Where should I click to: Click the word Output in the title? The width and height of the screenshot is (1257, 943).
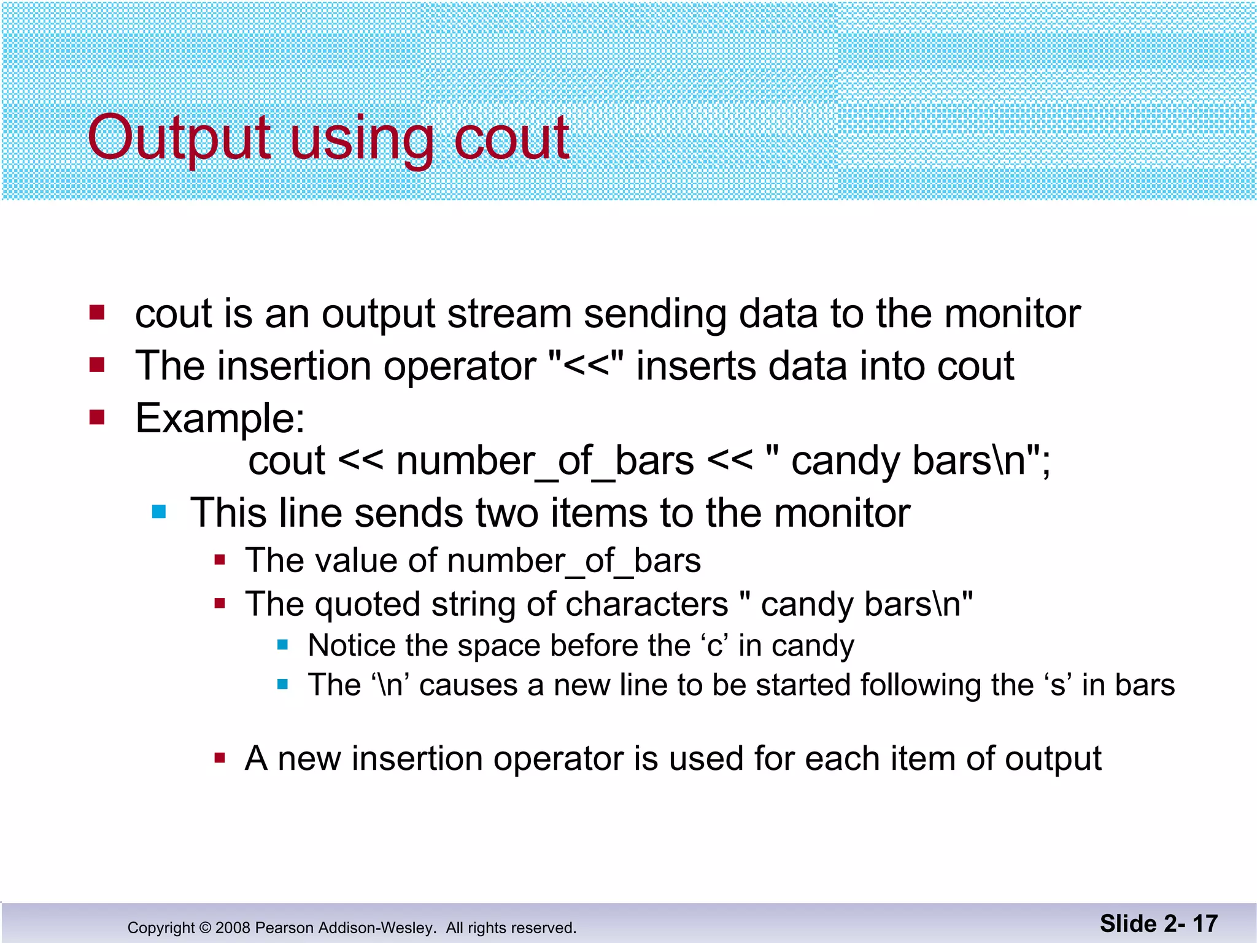click(x=178, y=138)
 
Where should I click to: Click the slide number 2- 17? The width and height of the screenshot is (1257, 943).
click(x=1188, y=923)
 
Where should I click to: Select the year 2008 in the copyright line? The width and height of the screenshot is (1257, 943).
click(x=233, y=928)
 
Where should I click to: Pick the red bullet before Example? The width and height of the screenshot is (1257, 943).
click(x=97, y=417)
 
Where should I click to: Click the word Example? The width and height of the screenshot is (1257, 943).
click(x=220, y=419)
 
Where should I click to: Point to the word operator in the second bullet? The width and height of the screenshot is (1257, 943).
click(x=459, y=367)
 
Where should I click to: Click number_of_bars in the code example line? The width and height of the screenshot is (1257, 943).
click(x=545, y=461)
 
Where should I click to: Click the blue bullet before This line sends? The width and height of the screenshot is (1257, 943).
click(x=159, y=511)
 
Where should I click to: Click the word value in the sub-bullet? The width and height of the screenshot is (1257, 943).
click(x=356, y=561)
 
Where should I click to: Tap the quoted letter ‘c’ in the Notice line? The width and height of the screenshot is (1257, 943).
click(x=713, y=646)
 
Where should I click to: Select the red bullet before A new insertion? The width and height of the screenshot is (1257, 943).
click(x=220, y=758)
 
